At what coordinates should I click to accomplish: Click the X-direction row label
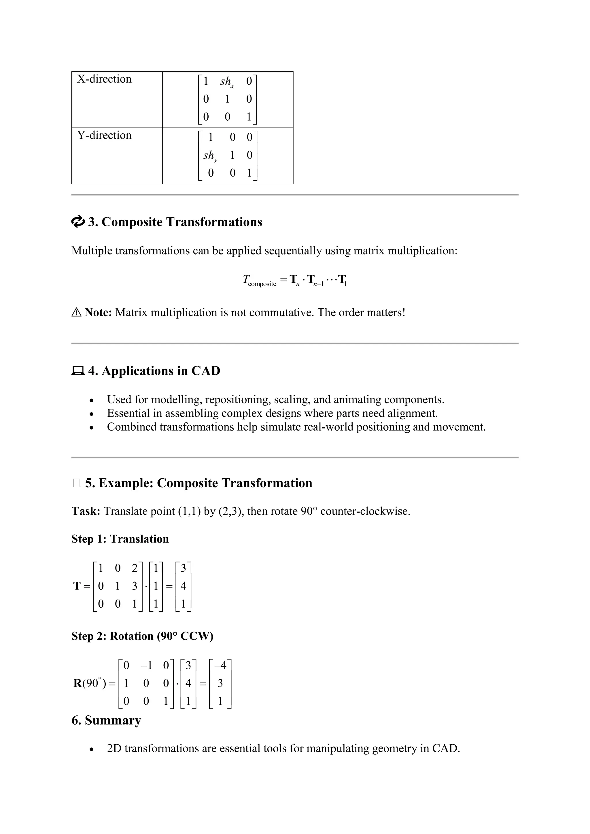tap(104, 79)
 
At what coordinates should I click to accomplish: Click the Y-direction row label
tap(104, 135)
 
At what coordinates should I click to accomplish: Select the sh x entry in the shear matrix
tap(227, 82)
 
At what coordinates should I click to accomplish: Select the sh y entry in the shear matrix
tap(210, 156)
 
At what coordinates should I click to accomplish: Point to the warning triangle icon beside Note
tap(76, 312)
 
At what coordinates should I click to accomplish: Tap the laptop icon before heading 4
tap(77, 371)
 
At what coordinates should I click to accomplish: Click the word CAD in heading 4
tap(206, 371)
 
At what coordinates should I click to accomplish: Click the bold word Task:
tap(86, 511)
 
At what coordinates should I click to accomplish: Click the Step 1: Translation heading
tap(120, 539)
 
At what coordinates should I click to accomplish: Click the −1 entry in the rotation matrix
tap(146, 666)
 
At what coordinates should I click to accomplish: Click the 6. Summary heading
tap(106, 720)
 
